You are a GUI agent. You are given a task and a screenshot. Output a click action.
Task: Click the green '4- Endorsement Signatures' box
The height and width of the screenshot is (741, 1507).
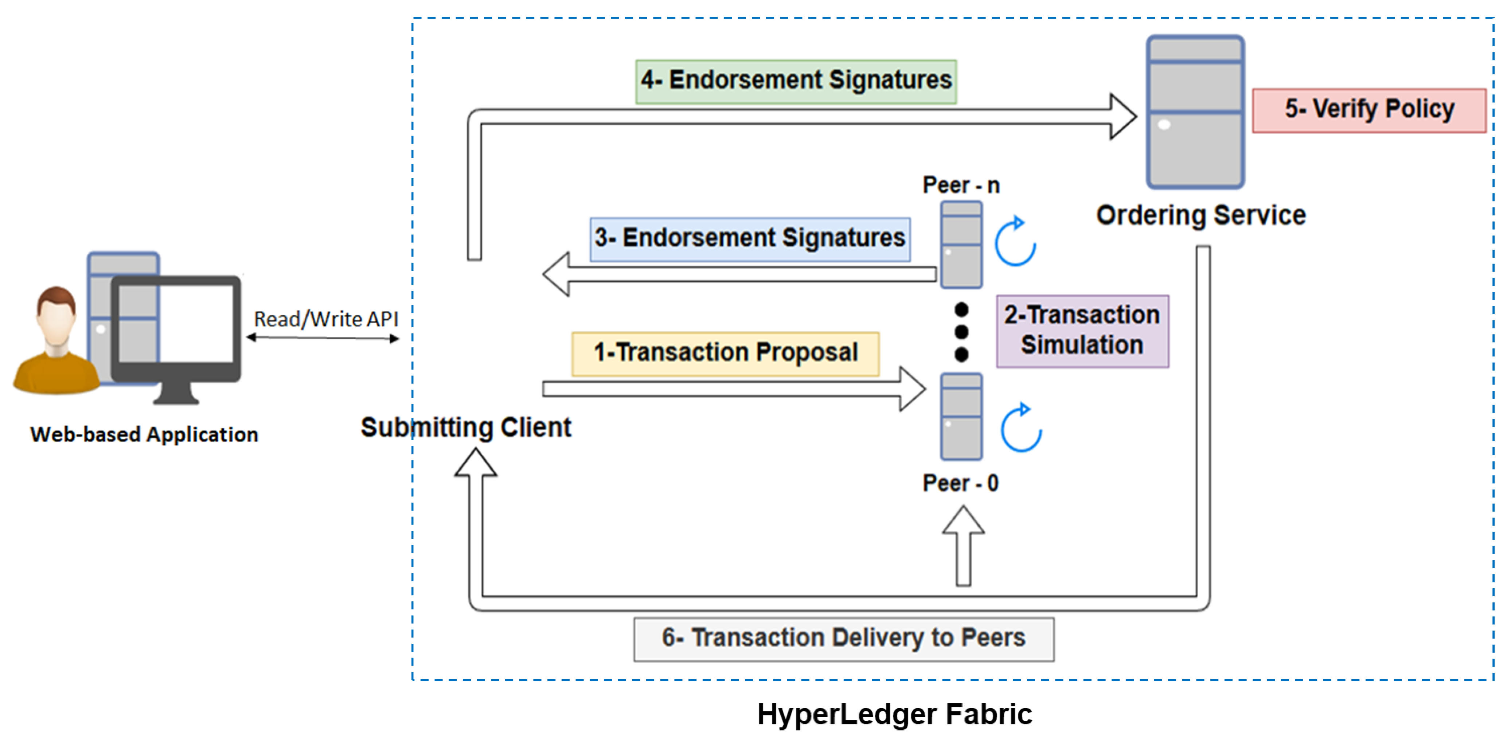coord(796,81)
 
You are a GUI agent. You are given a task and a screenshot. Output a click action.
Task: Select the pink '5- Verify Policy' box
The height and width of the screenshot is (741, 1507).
coord(1369,110)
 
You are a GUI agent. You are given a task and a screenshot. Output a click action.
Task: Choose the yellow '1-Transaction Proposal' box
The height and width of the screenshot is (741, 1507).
coord(725,353)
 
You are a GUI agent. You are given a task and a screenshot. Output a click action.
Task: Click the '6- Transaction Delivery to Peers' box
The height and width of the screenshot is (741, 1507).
coord(844,639)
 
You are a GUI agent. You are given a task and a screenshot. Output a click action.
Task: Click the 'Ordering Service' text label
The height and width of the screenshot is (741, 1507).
coord(1200,215)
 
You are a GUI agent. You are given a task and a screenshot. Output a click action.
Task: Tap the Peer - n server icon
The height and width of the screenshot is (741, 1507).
coord(961,245)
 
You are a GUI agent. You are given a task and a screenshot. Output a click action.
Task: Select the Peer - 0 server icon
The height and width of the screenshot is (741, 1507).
coord(961,416)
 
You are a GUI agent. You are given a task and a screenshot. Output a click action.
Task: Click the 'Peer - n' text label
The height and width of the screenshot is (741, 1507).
coord(961,186)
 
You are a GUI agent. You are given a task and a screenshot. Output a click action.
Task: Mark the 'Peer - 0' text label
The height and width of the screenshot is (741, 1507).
coord(960,483)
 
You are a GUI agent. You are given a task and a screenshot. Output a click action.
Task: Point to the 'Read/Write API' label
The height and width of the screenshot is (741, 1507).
coord(326,319)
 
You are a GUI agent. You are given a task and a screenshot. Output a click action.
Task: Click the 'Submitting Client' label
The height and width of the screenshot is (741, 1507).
coord(466,427)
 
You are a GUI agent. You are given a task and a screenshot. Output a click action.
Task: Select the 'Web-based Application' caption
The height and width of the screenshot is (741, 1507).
coord(144,434)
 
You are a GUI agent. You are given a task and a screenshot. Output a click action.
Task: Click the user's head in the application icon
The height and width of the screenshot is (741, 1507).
coord(56,310)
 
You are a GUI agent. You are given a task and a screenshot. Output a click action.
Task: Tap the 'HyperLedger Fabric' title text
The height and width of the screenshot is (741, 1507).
coord(894,714)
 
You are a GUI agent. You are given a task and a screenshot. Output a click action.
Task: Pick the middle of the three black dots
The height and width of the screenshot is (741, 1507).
coord(961,332)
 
